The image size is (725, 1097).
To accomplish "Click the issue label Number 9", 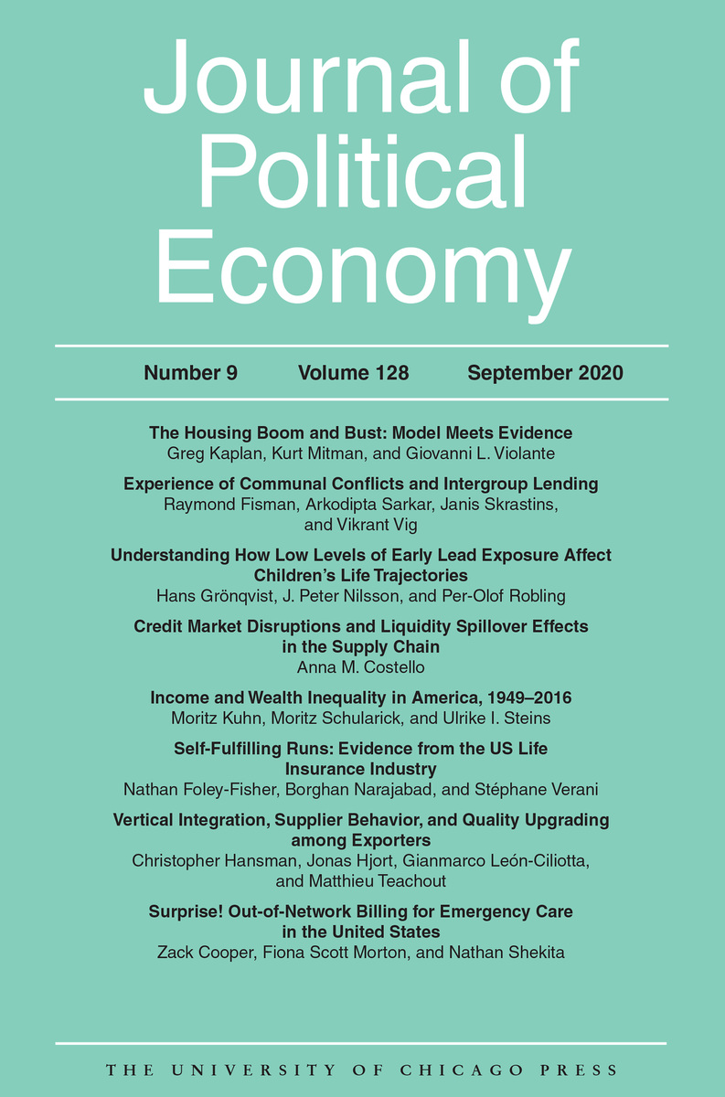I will click(x=190, y=373).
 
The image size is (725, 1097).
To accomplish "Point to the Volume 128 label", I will click(x=353, y=373).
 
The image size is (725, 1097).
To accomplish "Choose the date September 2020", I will click(x=545, y=373).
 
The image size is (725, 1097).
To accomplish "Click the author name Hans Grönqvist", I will click(x=217, y=596).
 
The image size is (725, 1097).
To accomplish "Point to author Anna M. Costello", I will click(x=361, y=667).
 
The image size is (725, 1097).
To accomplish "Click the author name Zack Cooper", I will click(x=205, y=953).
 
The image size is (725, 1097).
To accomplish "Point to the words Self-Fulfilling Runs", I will click(x=244, y=749).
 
